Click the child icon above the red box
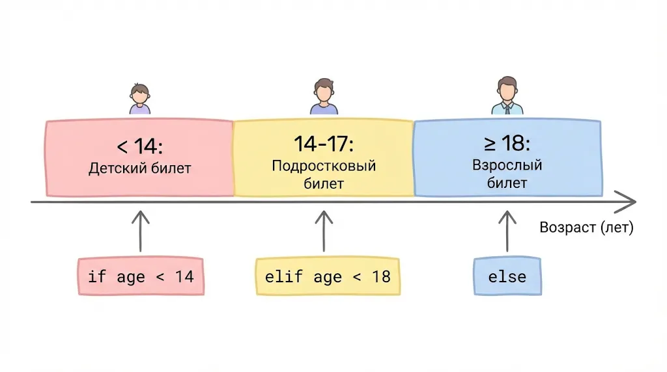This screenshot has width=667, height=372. coord(139,99)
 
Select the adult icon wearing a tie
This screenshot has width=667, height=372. coord(507,96)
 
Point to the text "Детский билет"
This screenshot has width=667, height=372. coord(139,168)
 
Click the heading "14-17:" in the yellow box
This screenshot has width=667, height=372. coord(324,144)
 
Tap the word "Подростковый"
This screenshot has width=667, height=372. coord(324,165)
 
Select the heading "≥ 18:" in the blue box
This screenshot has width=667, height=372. coord(507,144)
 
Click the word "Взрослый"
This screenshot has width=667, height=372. coord(507,165)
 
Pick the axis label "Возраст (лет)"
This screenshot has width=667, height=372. coord(586,228)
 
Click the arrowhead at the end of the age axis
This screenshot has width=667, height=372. coord(627,202)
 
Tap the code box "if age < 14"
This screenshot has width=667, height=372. coord(140,276)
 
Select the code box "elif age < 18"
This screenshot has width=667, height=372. coord(328,276)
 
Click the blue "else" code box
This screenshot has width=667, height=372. coord(507,276)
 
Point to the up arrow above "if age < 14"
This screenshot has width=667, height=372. coord(140,230)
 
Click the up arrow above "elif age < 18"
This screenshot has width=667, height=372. coord(324,230)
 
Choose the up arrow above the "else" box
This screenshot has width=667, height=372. coord(507,230)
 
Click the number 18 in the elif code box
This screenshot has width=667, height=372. coord(381,276)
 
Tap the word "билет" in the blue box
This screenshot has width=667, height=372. coord(507,183)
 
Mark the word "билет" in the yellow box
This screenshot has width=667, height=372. coord(324,183)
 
